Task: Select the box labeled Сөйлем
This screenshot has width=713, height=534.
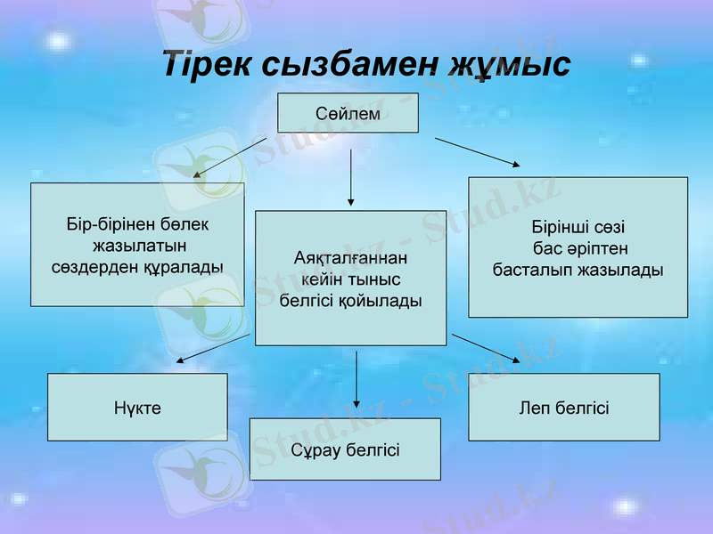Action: (x=348, y=114)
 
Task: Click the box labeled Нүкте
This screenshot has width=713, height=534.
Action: (x=137, y=408)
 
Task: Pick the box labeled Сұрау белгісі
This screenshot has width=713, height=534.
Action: (x=345, y=449)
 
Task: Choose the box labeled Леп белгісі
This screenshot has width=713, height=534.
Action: (x=564, y=408)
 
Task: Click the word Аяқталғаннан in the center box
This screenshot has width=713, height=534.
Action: (x=350, y=258)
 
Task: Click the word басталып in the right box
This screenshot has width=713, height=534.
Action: (x=533, y=269)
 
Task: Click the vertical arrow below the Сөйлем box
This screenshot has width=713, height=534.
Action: (x=351, y=175)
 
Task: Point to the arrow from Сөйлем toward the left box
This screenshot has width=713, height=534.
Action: (x=230, y=158)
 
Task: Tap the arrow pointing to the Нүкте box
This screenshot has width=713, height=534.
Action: (x=213, y=348)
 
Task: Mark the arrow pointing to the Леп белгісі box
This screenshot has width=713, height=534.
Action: (x=487, y=348)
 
